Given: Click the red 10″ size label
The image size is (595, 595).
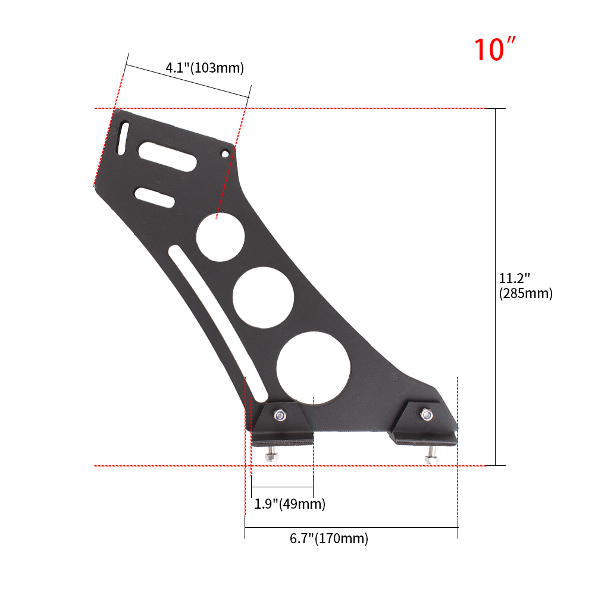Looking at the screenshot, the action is (495, 49).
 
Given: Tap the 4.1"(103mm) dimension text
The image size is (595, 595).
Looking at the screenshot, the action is (205, 68).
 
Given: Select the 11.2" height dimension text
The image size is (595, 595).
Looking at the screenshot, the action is (514, 278).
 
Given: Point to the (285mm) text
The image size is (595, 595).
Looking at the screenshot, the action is (525, 293).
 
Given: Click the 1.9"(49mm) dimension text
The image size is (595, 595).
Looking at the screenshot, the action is (290, 503).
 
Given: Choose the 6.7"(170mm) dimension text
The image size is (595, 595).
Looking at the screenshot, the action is (329, 538).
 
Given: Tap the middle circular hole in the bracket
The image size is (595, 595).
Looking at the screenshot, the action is (264, 297).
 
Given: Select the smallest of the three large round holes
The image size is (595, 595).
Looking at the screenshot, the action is (221, 237).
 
